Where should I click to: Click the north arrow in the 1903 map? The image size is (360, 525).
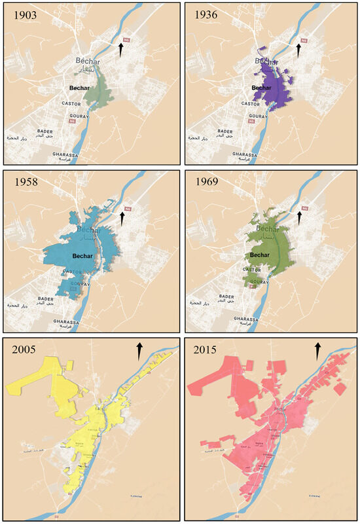tap(120, 49)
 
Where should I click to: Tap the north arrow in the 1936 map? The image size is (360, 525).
tap(299, 50)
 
